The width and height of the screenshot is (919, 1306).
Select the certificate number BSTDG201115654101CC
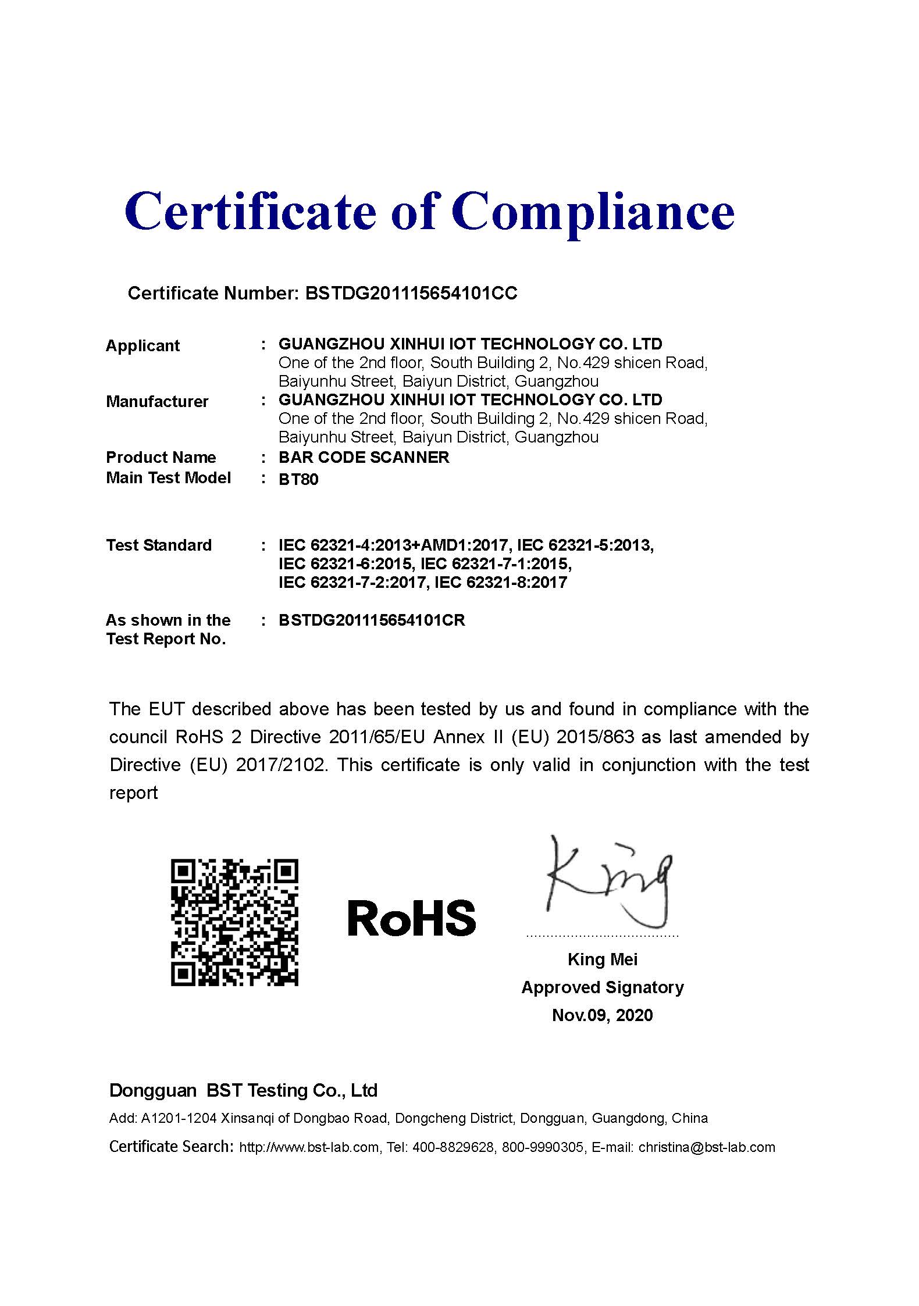pos(411,293)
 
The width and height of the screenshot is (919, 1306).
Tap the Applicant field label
pos(143,345)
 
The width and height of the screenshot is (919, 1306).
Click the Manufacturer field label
pos(156,401)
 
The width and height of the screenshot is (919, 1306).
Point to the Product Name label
pos(161,457)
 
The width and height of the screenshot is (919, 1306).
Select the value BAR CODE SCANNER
pos(364,457)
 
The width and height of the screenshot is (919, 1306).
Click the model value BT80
pos(298,479)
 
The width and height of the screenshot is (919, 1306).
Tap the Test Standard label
pos(158,545)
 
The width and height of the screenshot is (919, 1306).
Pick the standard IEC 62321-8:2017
pos(500,582)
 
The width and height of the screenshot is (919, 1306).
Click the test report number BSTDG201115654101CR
pos(372,620)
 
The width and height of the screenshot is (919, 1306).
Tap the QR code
pos(234,922)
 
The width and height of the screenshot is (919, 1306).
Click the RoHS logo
pos(411,919)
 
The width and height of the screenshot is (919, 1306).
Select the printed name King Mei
pos(602,959)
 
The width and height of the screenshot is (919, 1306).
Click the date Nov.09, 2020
pos(602,1015)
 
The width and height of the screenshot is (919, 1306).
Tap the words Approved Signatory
pos(602,987)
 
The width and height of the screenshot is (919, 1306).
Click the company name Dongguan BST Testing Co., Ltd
pos(243,1090)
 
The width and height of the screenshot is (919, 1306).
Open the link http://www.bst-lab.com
pos(309,1147)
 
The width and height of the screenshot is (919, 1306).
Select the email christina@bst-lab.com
pos(707,1147)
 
